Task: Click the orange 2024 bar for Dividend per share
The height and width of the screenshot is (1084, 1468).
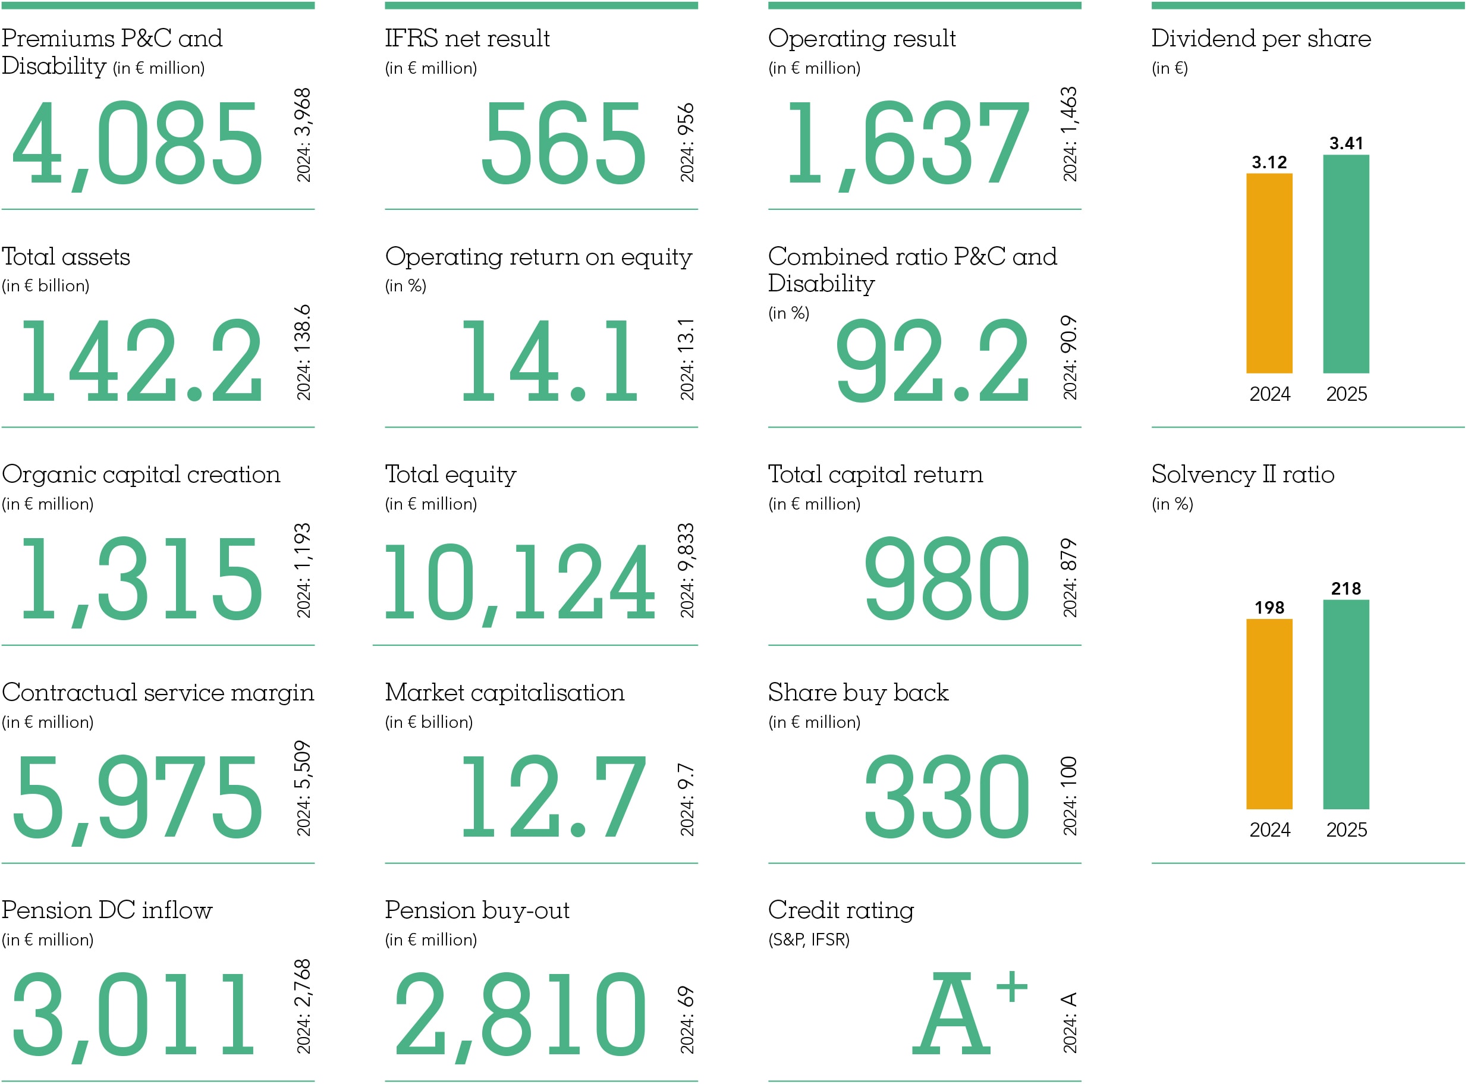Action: click(x=1269, y=273)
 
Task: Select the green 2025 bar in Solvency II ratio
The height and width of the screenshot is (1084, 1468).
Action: click(x=1346, y=704)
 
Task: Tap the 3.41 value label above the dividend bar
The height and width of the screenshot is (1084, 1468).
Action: click(x=1346, y=143)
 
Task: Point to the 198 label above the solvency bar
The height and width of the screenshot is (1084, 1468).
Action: click(x=1269, y=608)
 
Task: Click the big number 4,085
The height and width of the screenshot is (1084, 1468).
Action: click(x=138, y=143)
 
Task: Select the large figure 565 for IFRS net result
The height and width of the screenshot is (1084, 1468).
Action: click(x=564, y=143)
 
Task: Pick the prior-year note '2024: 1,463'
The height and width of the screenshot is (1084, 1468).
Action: click(x=1069, y=134)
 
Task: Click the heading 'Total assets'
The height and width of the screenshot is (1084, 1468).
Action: click(x=65, y=256)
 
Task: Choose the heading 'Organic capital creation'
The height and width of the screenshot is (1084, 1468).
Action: click(x=141, y=475)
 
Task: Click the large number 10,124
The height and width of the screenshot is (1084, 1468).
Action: click(x=520, y=582)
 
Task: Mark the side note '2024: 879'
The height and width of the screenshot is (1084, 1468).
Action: click(x=1069, y=577)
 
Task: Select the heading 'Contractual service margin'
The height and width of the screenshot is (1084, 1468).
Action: click(x=158, y=692)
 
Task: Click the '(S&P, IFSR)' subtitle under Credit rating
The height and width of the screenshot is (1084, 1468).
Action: click(x=808, y=940)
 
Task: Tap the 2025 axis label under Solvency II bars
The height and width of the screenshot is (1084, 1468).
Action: click(x=1346, y=830)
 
